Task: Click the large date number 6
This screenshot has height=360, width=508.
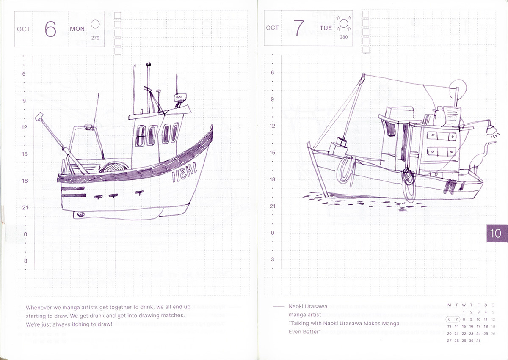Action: pos(50,29)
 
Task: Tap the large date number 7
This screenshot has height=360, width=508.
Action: pos(299,28)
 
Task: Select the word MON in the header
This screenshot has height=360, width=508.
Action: pos(77,29)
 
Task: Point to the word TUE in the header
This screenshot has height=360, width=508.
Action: pos(326,28)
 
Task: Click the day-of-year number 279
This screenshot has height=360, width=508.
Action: pos(95,38)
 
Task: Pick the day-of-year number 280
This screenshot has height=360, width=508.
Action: pos(344,37)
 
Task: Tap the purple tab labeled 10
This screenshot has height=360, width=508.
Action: pos(495,233)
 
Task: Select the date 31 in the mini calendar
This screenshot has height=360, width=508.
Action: pos(478,341)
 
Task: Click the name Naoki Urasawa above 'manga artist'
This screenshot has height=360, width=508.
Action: pos(308,306)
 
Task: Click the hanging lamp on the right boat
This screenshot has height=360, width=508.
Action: pos(492,129)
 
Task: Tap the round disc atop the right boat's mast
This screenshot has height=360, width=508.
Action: pos(458,87)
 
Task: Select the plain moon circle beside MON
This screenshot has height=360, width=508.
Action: pos(95,24)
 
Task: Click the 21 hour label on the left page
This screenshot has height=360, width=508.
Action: pos(25,207)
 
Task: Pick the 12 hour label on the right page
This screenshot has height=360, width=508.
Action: pos(272,126)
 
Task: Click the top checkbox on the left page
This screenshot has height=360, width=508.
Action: pos(118,15)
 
